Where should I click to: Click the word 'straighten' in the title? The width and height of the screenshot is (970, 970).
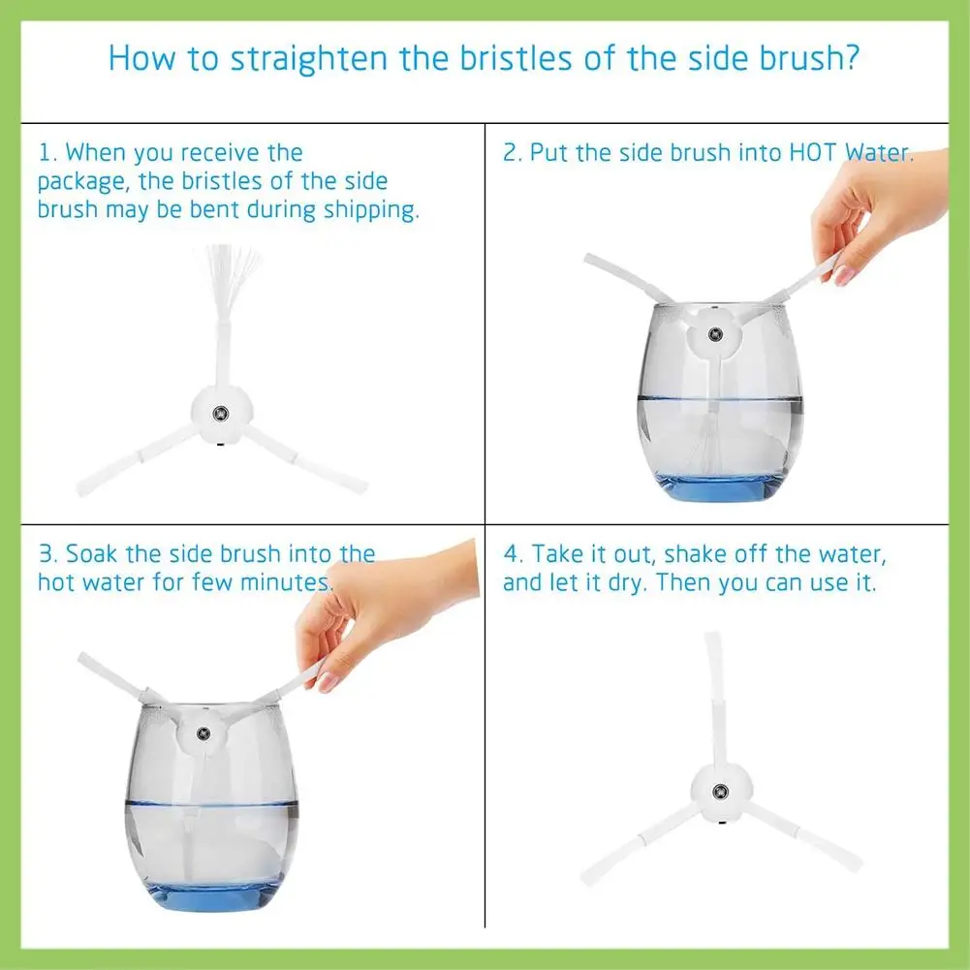[x=309, y=59]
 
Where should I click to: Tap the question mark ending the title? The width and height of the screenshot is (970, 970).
[x=851, y=57]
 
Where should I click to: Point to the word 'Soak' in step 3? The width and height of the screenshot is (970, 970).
[x=91, y=553]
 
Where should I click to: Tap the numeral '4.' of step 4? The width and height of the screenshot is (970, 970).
[x=514, y=553]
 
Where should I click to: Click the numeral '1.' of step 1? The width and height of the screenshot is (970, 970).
[x=48, y=153]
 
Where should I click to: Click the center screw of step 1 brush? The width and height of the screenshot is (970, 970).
[x=220, y=413]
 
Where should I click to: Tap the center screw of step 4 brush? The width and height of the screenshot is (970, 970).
[x=720, y=792]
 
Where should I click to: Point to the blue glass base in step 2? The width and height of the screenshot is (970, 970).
[x=719, y=487]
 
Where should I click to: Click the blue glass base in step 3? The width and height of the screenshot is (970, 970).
[x=211, y=896]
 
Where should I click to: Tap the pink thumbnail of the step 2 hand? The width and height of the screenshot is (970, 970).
[x=843, y=275]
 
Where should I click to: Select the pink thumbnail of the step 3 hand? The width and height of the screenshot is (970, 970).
[x=328, y=682]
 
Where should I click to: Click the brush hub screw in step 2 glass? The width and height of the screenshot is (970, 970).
[x=715, y=334]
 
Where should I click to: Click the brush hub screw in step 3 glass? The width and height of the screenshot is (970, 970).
[x=203, y=735]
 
